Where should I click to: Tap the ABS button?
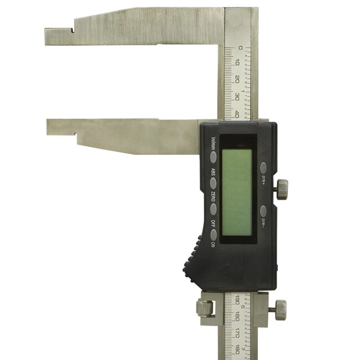click(213, 183)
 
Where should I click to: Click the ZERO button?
click(213, 209)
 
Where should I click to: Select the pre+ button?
click(264, 168)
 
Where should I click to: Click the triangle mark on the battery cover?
click(225, 270)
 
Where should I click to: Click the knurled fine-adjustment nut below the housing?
click(205, 308)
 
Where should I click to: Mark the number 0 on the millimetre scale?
click(240, 48)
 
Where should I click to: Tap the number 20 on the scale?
click(238, 79)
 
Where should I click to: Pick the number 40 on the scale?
click(237, 113)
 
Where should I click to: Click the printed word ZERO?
click(213, 196)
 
